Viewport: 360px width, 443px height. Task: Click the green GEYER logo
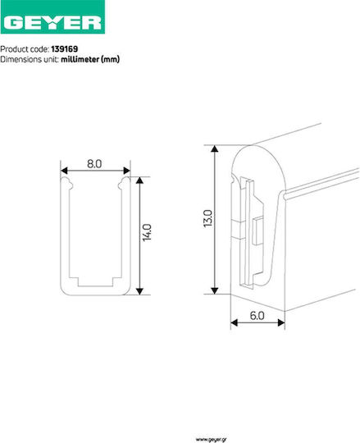pos(52,17)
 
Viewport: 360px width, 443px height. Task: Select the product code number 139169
pos(65,49)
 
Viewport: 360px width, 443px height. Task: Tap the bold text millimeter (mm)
pos(90,59)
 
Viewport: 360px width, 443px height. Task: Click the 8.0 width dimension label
pos(94,163)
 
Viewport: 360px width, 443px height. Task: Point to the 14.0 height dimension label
pos(147,232)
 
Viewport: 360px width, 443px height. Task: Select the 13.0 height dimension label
pos(207,218)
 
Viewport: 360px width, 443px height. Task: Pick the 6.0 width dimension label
pos(257,316)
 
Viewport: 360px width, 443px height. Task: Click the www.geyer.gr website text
pos(211,440)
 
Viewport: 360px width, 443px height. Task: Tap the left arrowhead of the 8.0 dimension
pos(64,171)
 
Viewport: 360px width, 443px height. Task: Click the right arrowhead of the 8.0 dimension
pos(127,171)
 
